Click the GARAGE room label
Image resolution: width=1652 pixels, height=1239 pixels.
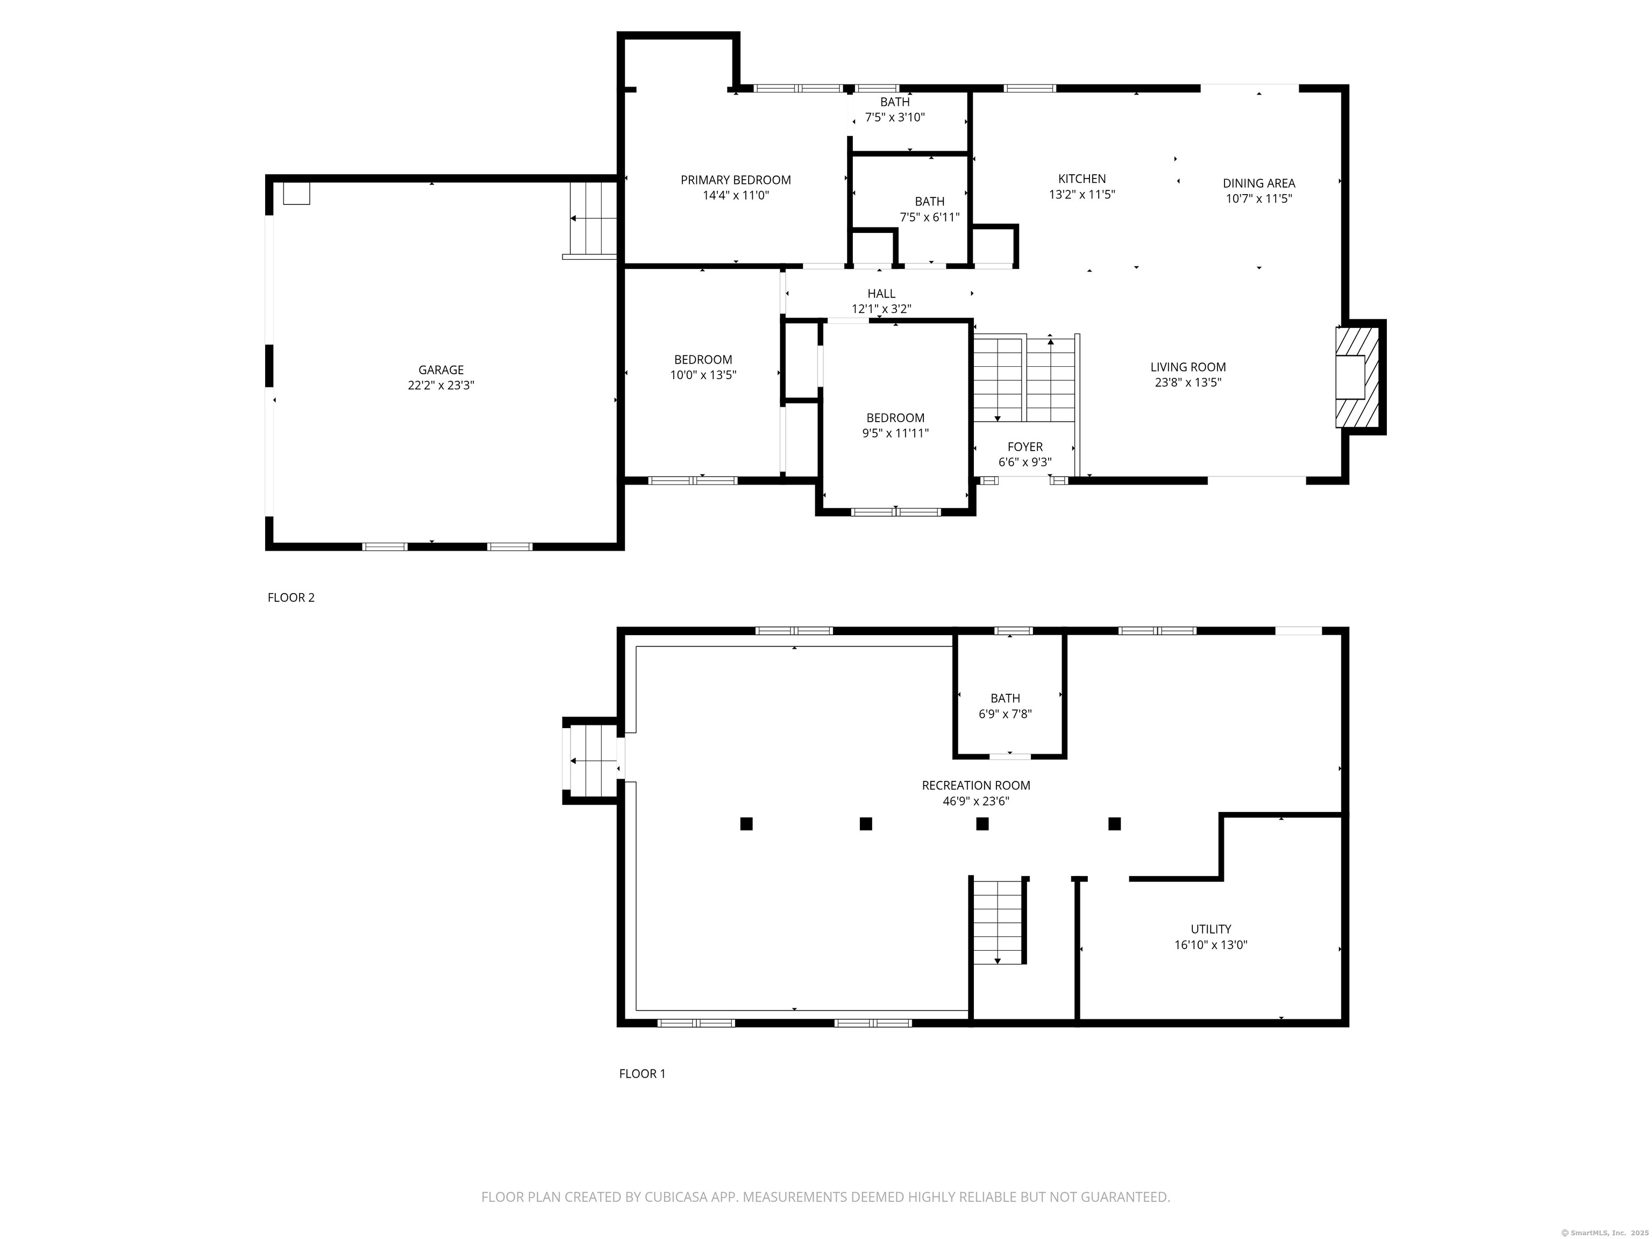(x=440, y=369)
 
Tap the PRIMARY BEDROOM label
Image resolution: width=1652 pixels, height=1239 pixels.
(x=736, y=180)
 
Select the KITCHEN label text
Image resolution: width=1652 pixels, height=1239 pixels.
(x=1082, y=179)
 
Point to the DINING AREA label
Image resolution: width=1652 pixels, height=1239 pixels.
(x=1259, y=183)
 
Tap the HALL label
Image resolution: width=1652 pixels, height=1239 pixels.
(x=881, y=294)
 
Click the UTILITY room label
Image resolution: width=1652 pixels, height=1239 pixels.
(x=1210, y=929)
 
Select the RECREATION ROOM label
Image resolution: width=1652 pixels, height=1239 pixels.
(x=976, y=785)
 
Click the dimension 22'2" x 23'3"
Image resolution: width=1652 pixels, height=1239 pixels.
(x=440, y=386)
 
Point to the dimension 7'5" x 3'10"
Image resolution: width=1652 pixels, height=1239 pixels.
(x=895, y=117)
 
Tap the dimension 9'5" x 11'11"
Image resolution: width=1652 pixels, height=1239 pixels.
(x=895, y=433)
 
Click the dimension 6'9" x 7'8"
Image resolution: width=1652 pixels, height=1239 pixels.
(x=1005, y=714)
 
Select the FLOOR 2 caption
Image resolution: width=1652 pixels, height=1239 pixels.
(x=291, y=597)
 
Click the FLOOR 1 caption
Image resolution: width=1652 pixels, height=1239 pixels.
(x=642, y=1073)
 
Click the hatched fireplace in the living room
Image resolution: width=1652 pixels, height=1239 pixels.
(x=1350, y=377)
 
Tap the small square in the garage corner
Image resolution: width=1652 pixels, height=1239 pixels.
(x=296, y=194)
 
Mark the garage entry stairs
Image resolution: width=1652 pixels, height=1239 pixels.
(x=594, y=218)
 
